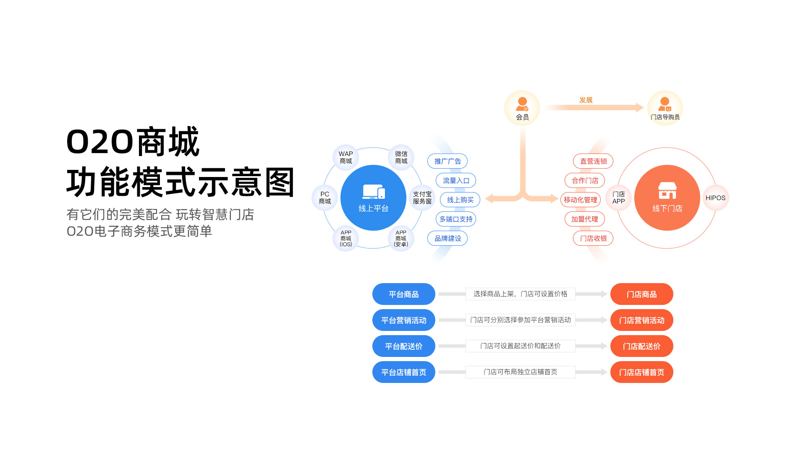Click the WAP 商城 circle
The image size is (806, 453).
[x=346, y=158]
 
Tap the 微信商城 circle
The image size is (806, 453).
[x=401, y=158]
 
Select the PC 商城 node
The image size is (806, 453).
[x=325, y=198]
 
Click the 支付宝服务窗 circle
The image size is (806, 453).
[x=422, y=198]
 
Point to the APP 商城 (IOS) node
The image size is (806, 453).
[x=346, y=238]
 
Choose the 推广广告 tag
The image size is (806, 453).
[x=447, y=161]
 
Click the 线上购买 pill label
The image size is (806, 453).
[x=460, y=200]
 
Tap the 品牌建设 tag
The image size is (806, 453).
[x=447, y=238]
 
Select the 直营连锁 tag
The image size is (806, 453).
[x=593, y=161]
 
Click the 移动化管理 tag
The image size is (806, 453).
[x=581, y=200]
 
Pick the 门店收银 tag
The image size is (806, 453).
[x=593, y=238]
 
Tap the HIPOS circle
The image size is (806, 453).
[x=715, y=198]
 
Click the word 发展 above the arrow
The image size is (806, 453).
[x=586, y=100]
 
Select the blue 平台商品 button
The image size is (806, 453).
[x=403, y=294]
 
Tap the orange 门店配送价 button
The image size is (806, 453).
[x=641, y=346]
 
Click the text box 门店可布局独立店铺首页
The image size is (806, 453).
[x=520, y=372]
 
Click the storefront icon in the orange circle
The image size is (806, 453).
[x=667, y=190]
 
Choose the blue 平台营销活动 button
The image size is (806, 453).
[x=403, y=320]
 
